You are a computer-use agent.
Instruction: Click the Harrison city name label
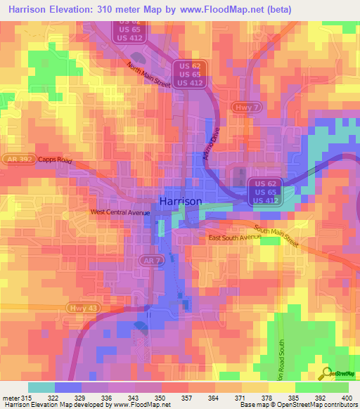point(181,201)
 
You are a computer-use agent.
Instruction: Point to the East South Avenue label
point(234,238)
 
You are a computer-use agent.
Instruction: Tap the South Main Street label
point(276,238)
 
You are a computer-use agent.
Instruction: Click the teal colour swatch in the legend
point(41,387)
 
